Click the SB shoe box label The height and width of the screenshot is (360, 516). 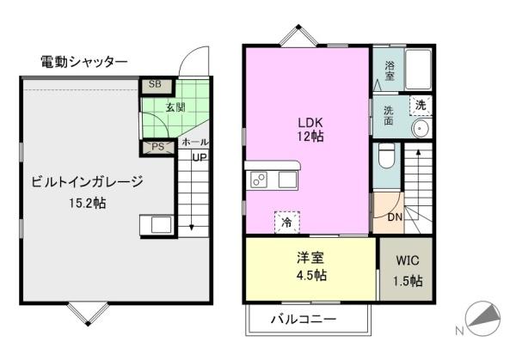pos(155,84)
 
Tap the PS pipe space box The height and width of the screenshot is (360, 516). pos(157,147)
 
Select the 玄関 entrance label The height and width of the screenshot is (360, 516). pos(175,107)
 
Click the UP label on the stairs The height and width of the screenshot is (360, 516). pos(200,157)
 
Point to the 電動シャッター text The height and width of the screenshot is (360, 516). pos(84,62)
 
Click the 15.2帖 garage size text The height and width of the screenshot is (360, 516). pos(87,203)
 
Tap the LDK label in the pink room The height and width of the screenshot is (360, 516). pos(310,123)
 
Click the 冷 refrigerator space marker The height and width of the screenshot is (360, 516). pos(287,223)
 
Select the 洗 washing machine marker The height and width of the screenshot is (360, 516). pos(421,105)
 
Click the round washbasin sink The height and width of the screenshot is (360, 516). pos(421,128)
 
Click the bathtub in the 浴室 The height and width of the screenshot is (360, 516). pos(418,69)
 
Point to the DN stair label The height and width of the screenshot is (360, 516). pos(395,217)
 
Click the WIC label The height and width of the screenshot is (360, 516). pos(408,260)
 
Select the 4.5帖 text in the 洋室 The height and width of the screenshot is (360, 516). pos(311,275)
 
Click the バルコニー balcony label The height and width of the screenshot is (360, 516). pos(304,319)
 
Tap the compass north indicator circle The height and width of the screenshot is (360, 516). pos(482,318)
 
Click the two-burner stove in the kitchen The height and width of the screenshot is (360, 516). pos(259,180)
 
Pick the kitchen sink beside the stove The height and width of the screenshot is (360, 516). pos(288,180)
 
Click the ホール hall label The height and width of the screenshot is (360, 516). pos(195,143)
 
